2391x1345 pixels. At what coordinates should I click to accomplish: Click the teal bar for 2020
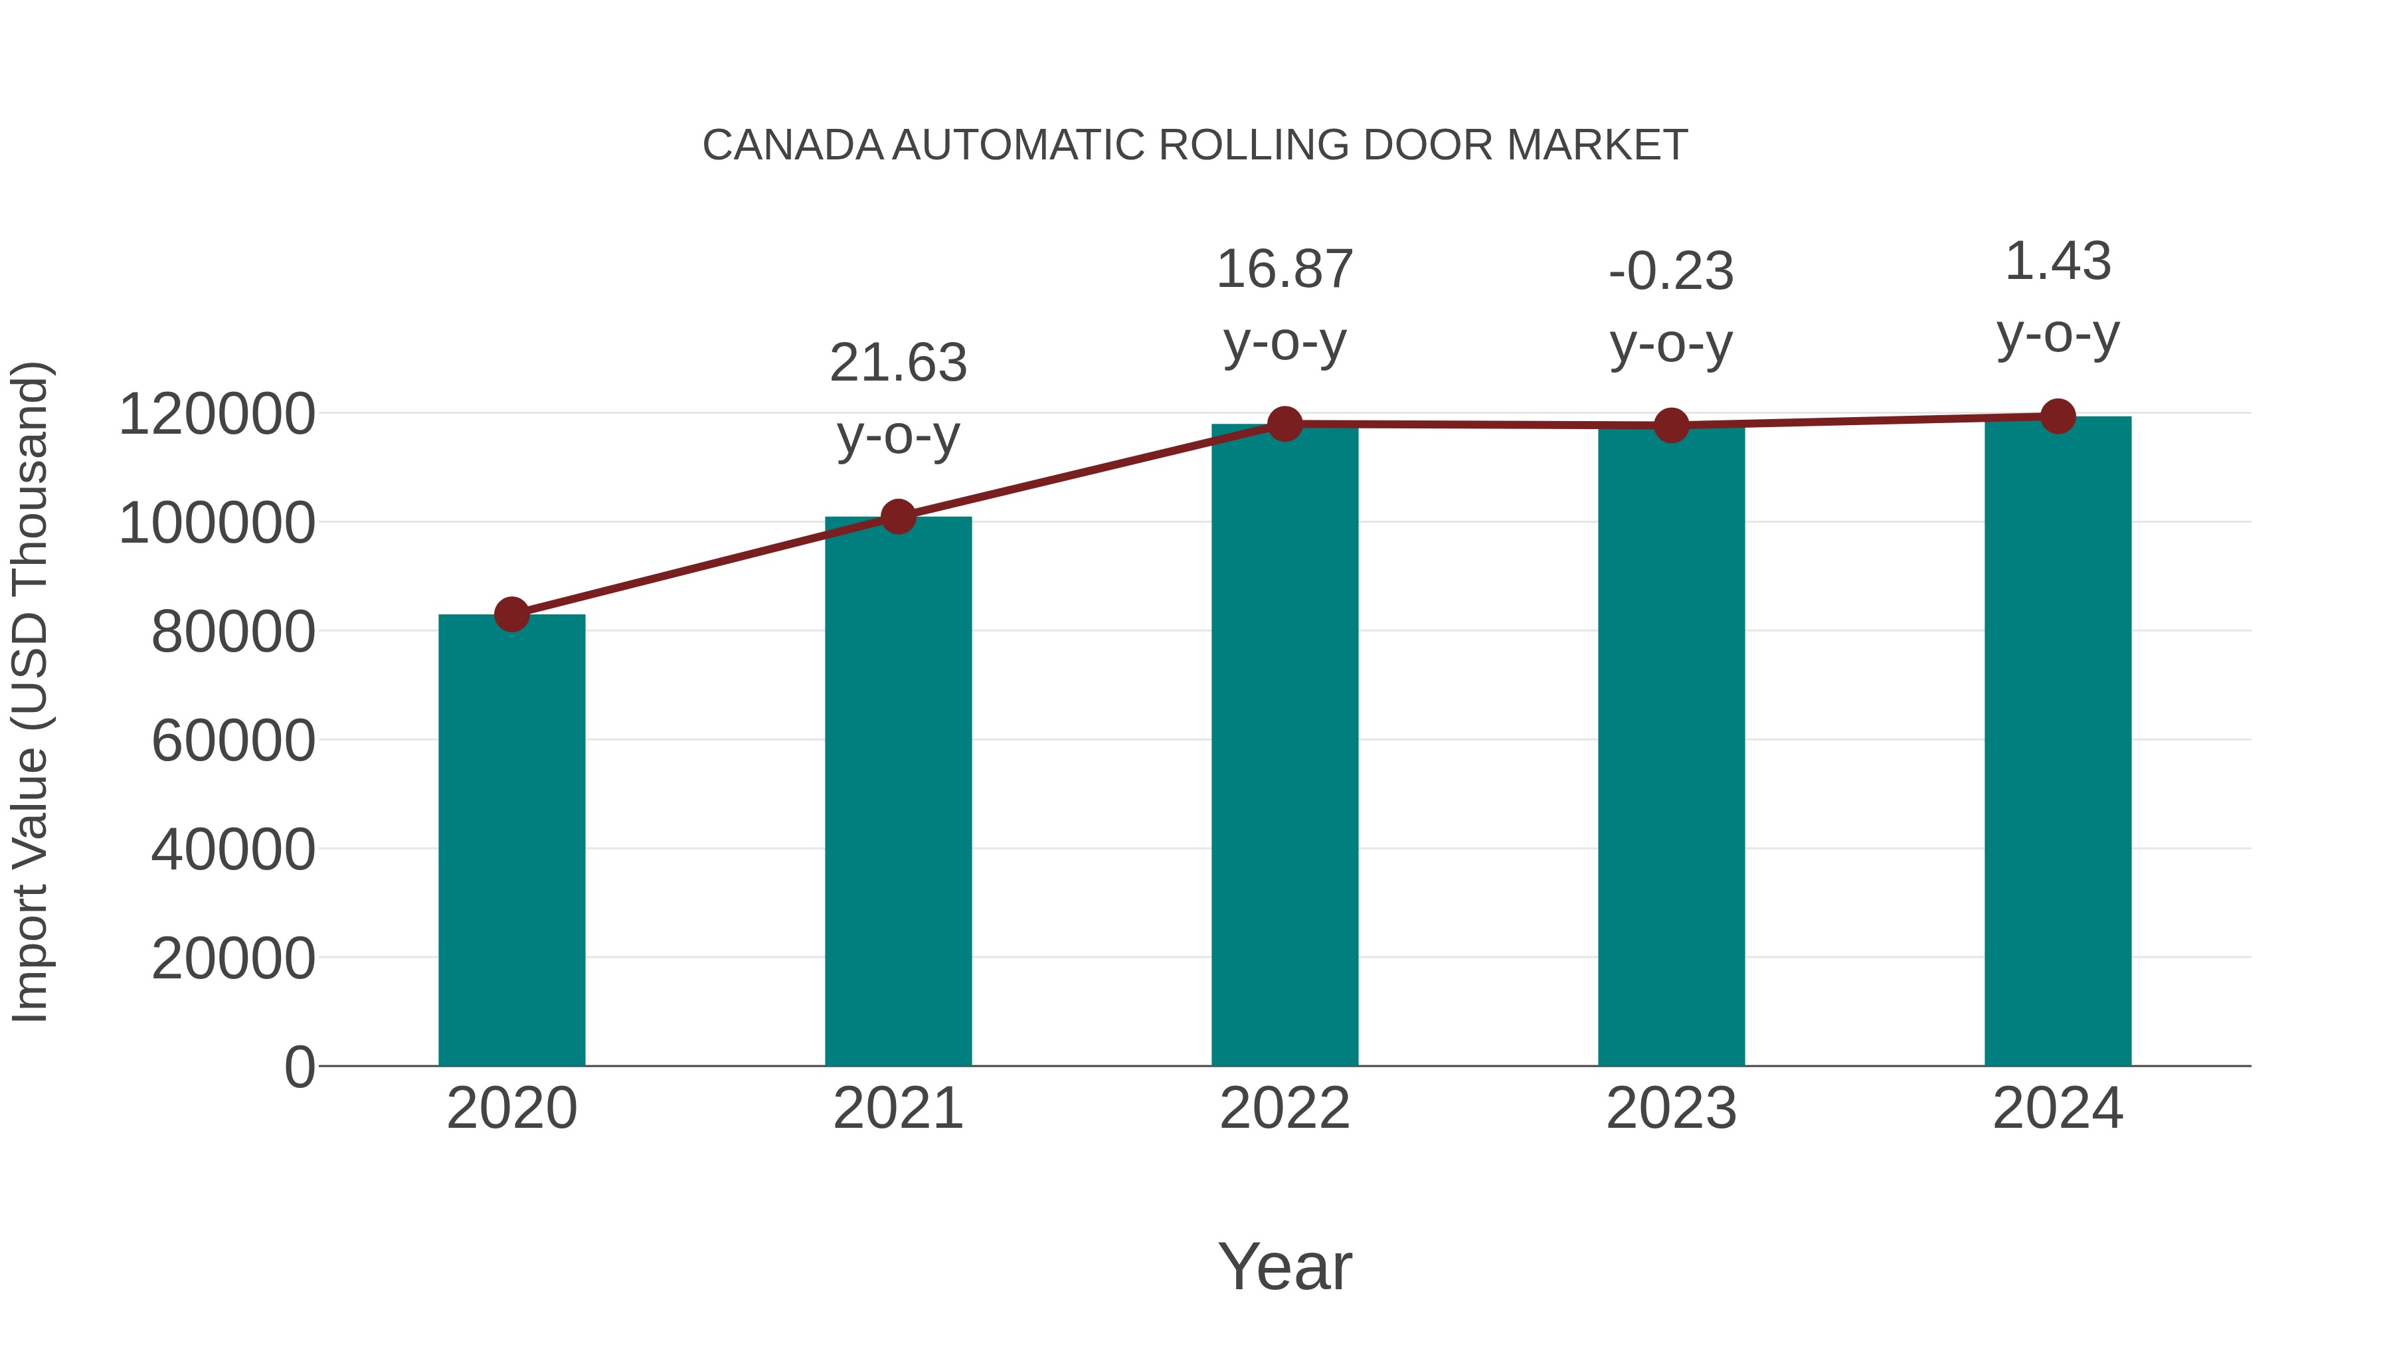pos(511,840)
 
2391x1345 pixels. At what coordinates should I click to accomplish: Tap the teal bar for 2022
pos(1284,745)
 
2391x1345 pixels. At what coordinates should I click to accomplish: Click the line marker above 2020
pos(511,614)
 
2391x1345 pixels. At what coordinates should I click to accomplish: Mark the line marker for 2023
pos(1671,425)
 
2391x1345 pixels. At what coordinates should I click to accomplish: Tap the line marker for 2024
pos(2058,416)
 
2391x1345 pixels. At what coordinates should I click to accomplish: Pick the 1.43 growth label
pos(2058,262)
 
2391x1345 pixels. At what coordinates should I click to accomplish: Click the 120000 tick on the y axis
pos(217,414)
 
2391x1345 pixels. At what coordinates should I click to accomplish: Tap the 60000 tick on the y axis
pos(233,741)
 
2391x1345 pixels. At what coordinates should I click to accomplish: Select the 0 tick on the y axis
pos(300,1067)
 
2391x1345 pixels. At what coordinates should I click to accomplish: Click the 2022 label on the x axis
pos(1284,1109)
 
